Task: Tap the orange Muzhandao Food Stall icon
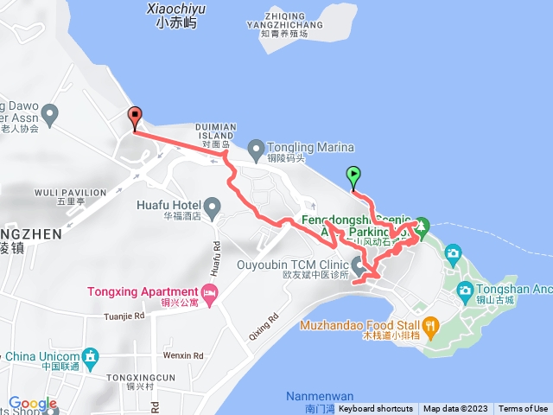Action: [x=431, y=326]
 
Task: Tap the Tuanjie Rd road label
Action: [x=126, y=316]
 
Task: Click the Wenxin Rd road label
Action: [x=182, y=355]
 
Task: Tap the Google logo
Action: [x=33, y=403]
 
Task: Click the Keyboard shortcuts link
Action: [x=375, y=409]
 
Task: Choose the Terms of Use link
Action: [x=523, y=409]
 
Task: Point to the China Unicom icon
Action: [x=89, y=357]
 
